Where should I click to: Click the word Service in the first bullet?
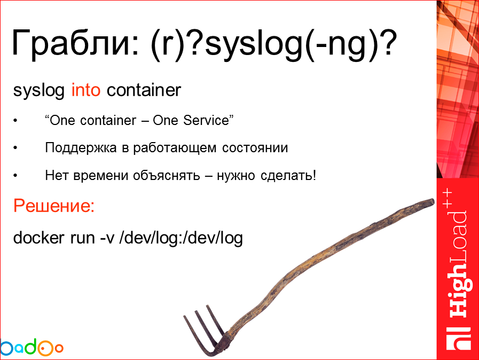point(206,121)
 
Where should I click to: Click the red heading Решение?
point(53,206)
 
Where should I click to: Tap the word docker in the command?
point(37,237)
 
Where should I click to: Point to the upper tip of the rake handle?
point(430,202)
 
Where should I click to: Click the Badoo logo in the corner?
point(31,347)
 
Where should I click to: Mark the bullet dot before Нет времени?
point(15,176)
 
